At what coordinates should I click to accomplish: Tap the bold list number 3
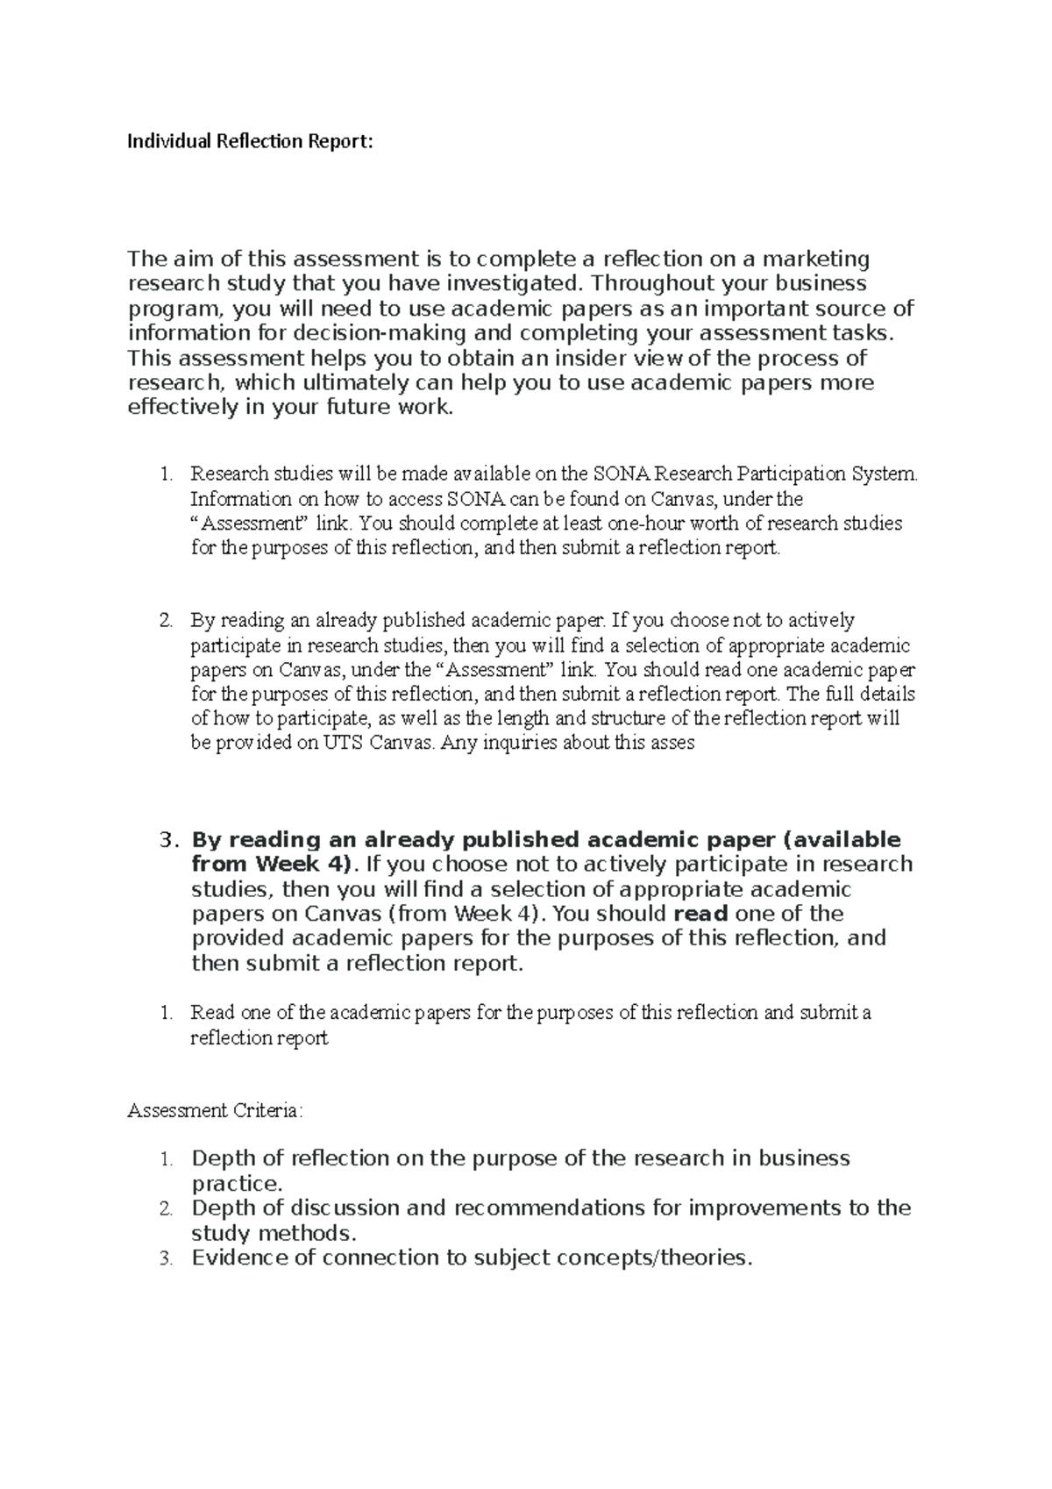coord(170,839)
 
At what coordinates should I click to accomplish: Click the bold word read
coord(700,914)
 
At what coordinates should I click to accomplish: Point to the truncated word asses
coord(673,744)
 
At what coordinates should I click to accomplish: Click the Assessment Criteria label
coord(215,1111)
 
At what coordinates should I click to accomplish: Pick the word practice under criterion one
coord(237,1184)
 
